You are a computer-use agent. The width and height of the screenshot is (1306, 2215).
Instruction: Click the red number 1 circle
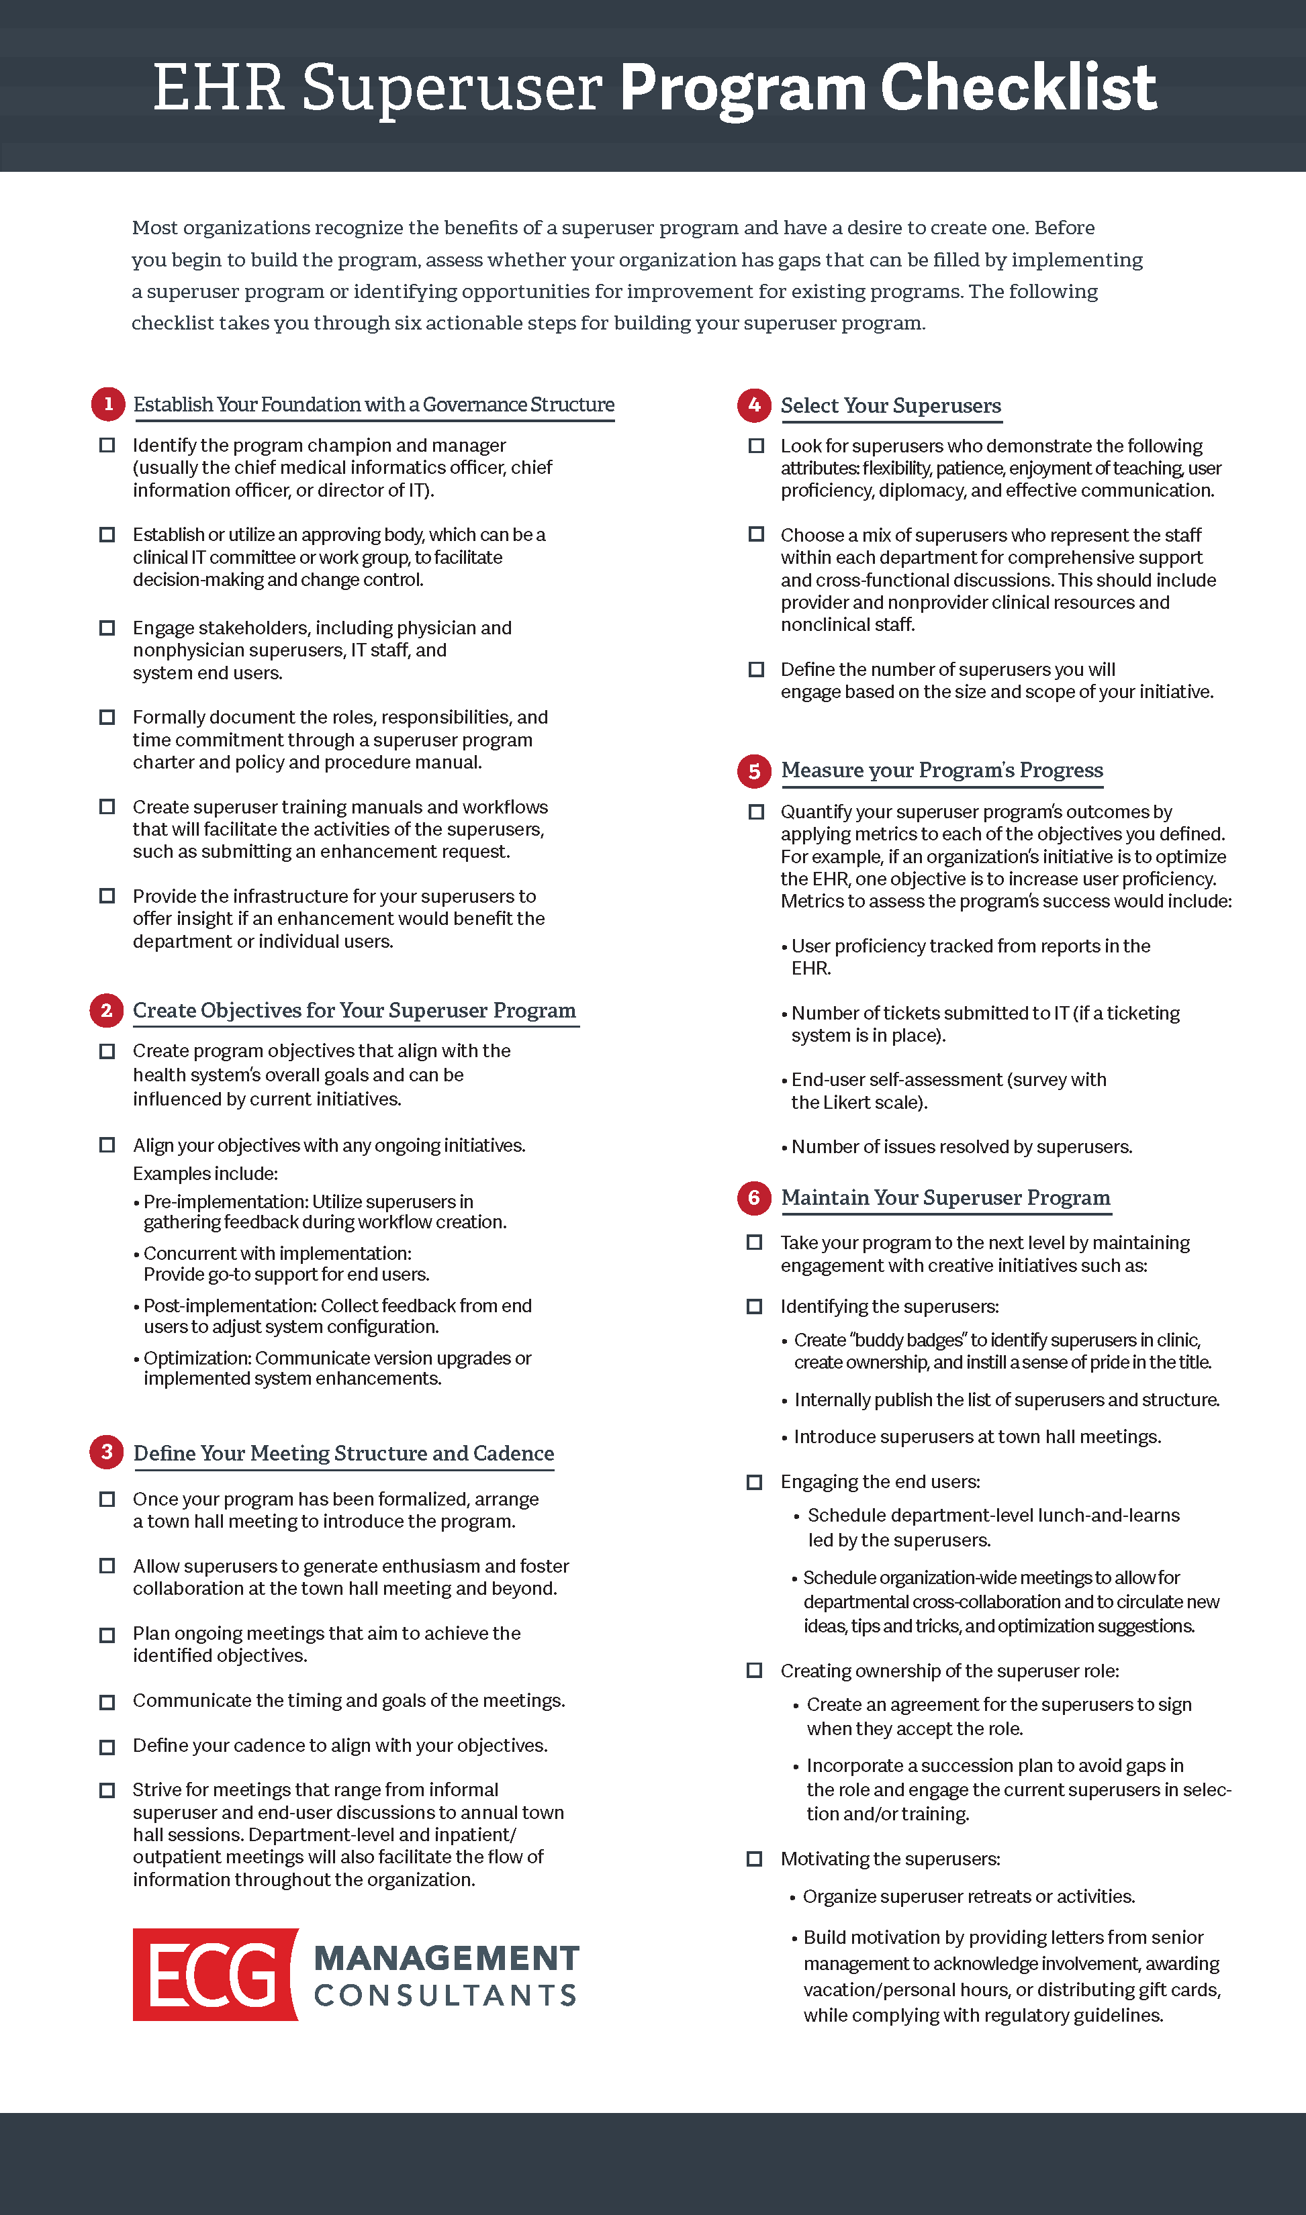point(108,404)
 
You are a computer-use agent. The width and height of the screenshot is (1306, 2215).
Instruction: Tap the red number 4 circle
point(754,405)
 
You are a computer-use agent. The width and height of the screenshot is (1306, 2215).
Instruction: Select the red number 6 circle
point(754,1197)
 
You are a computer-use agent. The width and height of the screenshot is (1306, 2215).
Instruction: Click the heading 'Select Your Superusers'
point(890,405)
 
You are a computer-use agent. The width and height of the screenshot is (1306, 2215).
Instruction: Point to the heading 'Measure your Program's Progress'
point(941,771)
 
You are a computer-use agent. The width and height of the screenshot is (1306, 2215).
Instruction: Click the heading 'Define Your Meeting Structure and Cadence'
point(343,1453)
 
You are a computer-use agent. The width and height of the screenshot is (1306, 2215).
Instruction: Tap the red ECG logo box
point(215,1975)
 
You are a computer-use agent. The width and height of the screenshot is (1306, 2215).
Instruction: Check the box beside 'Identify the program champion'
point(107,445)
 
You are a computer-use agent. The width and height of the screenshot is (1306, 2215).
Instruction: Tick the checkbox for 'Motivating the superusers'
point(754,1859)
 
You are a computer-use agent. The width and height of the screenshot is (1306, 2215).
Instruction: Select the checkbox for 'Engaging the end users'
point(754,1482)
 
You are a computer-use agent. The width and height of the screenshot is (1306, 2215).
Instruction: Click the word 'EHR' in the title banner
point(218,88)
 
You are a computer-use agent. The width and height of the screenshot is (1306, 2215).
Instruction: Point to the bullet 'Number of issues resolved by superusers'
point(961,1147)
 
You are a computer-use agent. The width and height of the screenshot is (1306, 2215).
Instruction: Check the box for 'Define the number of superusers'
point(756,669)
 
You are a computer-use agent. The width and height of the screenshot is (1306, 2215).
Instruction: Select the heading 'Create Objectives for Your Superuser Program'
point(354,1011)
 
